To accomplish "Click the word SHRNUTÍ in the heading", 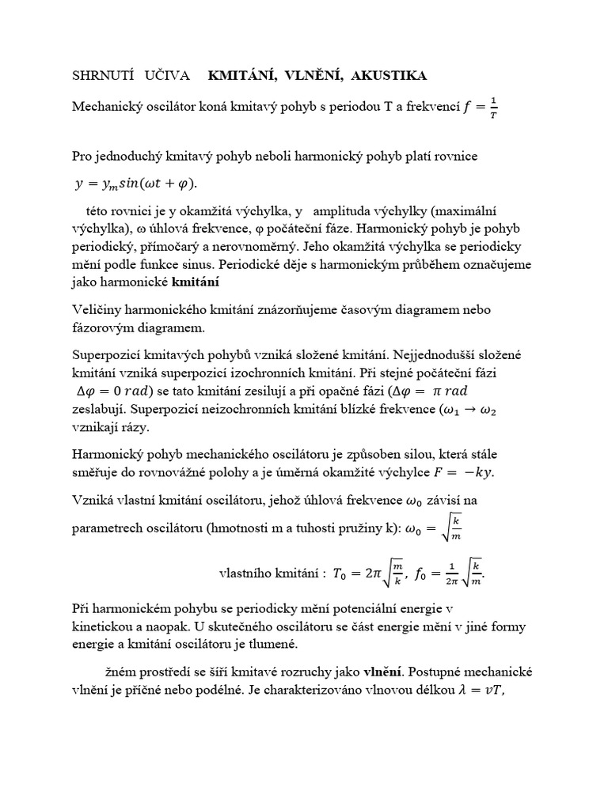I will (x=99, y=76).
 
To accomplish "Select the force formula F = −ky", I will (x=468, y=472).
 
